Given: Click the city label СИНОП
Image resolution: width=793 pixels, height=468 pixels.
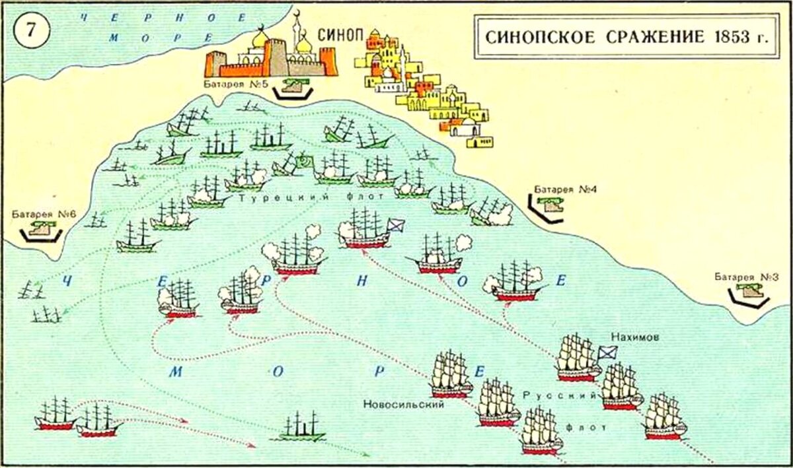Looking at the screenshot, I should [x=339, y=35].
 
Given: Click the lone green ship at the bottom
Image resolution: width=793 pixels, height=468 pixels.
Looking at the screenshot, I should [x=301, y=428].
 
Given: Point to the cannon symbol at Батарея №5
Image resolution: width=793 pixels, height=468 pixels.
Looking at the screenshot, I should [x=291, y=84].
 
